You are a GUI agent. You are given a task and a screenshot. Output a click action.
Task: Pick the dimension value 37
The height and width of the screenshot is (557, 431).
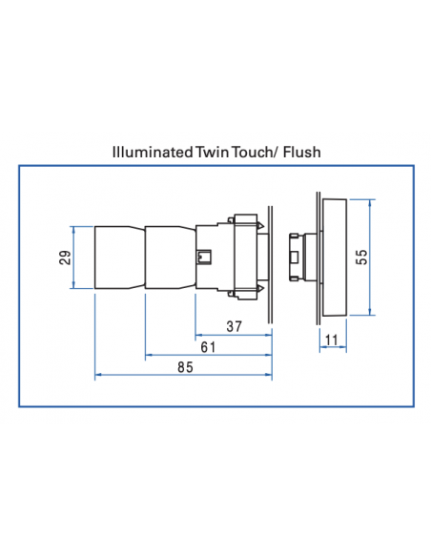point(234,326)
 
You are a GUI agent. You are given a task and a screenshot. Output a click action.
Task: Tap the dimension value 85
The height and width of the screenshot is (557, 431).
point(184,366)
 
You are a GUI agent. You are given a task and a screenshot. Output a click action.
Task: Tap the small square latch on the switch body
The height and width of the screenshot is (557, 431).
point(203,256)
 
